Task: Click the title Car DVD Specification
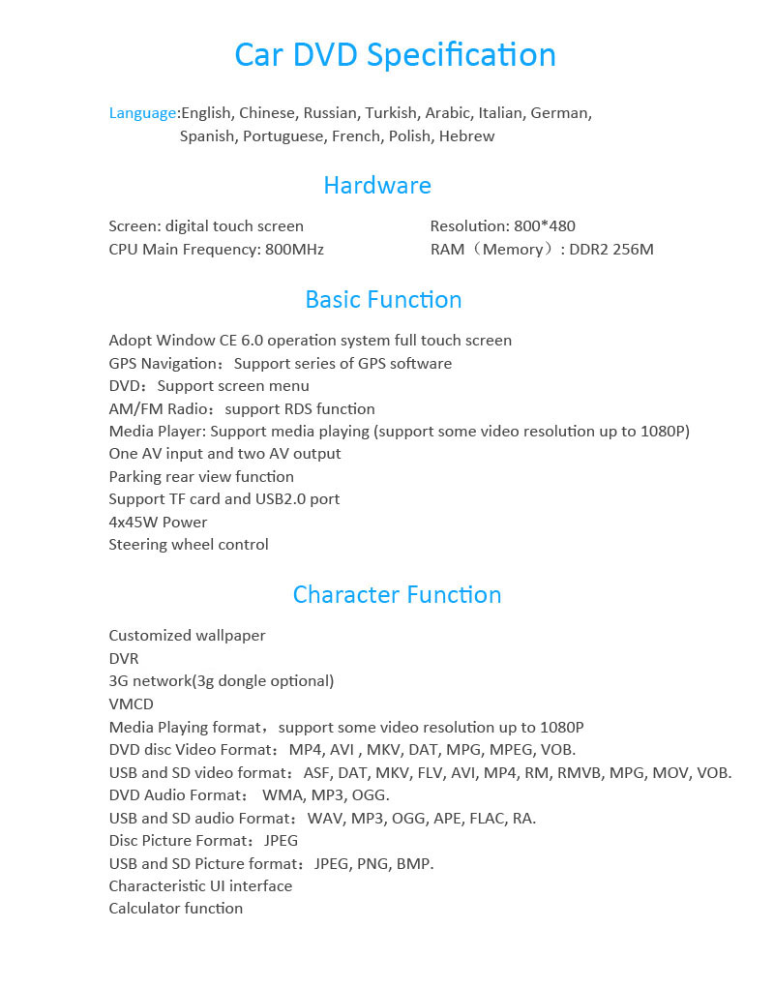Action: [x=395, y=54]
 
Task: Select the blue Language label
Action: [x=142, y=113]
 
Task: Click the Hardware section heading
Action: [x=377, y=185]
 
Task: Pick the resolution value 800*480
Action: [x=545, y=226]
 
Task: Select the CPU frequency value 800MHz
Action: [x=294, y=250]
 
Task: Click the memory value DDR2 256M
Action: [x=611, y=250]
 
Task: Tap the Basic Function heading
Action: [x=383, y=299]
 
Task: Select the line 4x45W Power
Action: [x=158, y=523]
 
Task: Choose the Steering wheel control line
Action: [x=189, y=545]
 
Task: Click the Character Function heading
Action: [x=397, y=594]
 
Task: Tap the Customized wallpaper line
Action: [x=187, y=636]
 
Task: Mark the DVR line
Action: [x=124, y=659]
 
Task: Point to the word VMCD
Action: [x=131, y=704]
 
